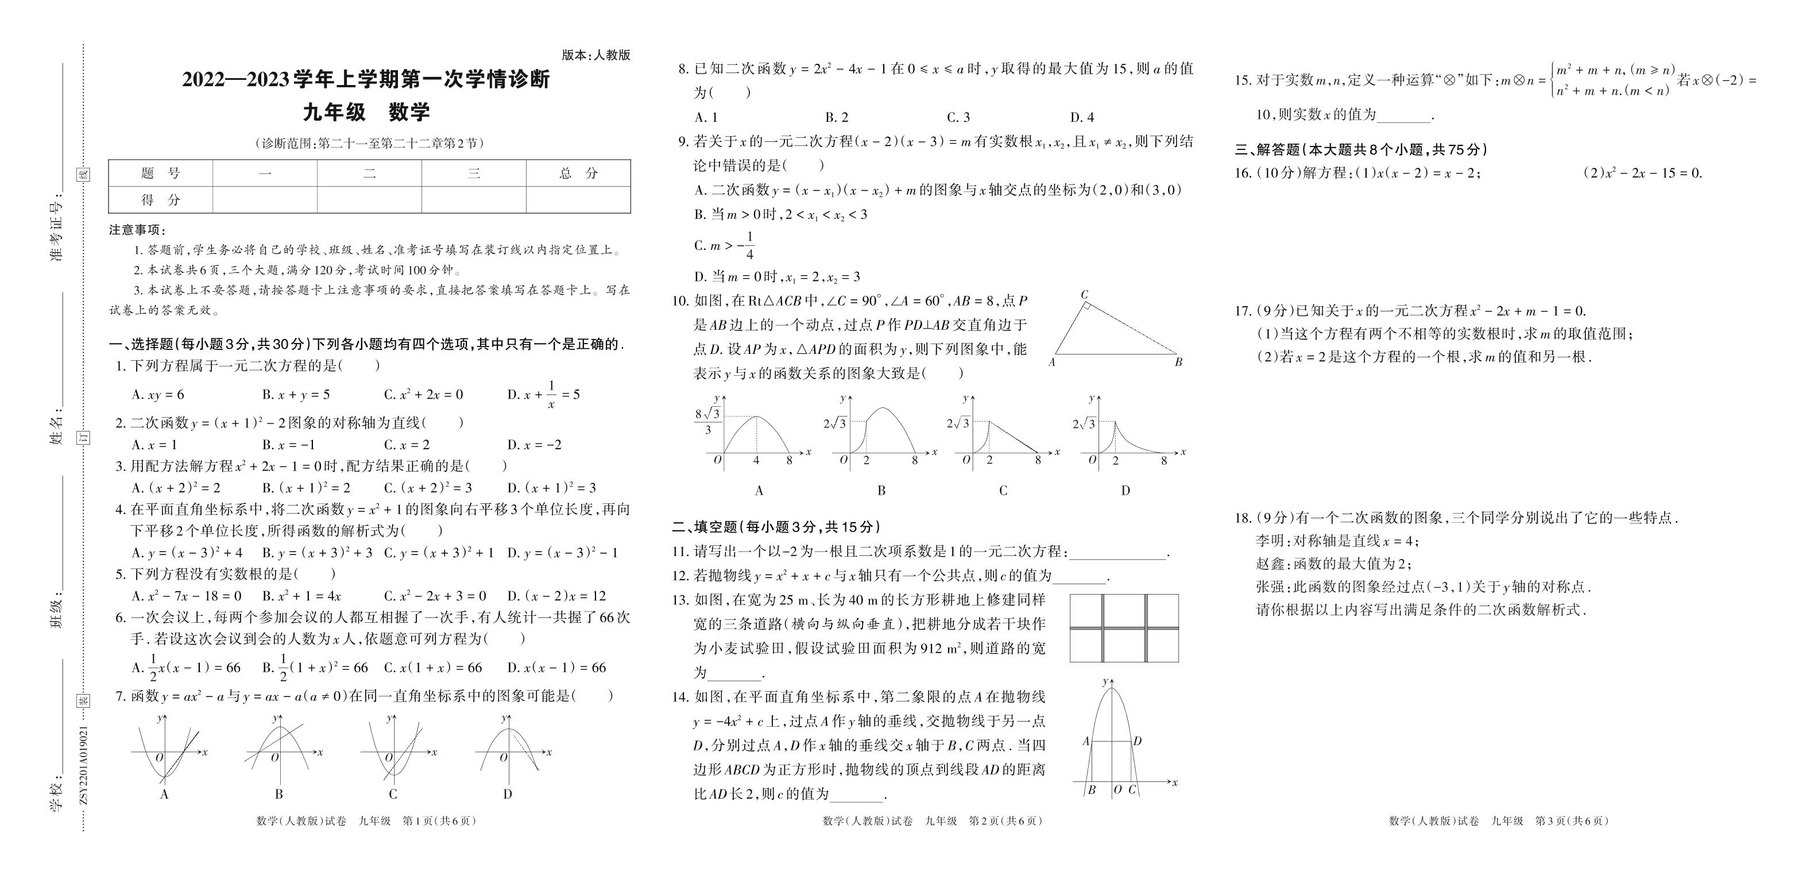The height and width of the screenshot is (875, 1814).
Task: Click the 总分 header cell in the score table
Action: (x=578, y=174)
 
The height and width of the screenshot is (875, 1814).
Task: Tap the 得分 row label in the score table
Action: (x=161, y=200)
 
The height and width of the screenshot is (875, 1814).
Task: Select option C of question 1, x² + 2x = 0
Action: (x=423, y=395)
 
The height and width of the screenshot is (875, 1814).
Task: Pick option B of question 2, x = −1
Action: (x=289, y=445)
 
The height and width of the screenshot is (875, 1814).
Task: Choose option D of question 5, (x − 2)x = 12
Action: (x=556, y=596)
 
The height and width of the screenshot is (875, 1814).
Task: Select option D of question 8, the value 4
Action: (x=1082, y=118)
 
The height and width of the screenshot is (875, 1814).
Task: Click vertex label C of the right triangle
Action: (x=1085, y=295)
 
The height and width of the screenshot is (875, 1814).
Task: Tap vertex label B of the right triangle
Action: (x=1178, y=362)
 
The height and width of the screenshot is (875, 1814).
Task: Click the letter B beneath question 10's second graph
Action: (x=881, y=490)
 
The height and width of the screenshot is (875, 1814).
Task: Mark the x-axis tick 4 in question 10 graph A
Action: (x=756, y=461)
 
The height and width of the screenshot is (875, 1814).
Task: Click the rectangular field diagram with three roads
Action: (x=1124, y=628)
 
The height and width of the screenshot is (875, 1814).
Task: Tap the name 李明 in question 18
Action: (x=1270, y=541)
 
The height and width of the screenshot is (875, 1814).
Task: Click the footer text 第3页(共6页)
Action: (x=1572, y=821)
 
